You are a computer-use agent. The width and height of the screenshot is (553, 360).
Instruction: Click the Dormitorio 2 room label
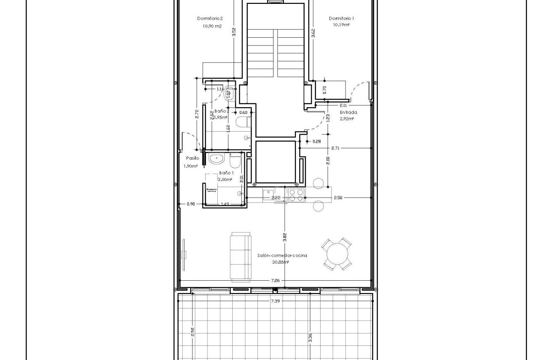[x=210, y=18]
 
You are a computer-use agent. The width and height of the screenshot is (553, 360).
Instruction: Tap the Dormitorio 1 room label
[x=341, y=18]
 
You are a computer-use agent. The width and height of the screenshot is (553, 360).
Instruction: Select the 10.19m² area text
[x=341, y=25]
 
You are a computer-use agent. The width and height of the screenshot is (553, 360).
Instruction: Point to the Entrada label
[x=348, y=113]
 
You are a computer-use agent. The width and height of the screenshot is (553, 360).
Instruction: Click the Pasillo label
[x=192, y=158]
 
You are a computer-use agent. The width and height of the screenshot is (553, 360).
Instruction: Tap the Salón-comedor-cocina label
[x=282, y=255]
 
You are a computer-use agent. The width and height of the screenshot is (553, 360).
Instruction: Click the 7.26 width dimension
[x=276, y=281]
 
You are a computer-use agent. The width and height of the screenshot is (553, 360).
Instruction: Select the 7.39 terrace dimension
[x=275, y=301]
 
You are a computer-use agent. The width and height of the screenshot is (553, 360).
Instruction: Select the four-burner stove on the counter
[x=296, y=195]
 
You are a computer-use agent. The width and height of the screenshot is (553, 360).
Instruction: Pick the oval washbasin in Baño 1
[x=216, y=159]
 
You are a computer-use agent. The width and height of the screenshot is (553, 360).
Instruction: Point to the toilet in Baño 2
[x=243, y=122]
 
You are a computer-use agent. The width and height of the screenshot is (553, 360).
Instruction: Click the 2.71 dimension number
[x=336, y=148]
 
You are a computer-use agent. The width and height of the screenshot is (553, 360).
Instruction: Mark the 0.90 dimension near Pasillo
[x=191, y=204]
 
